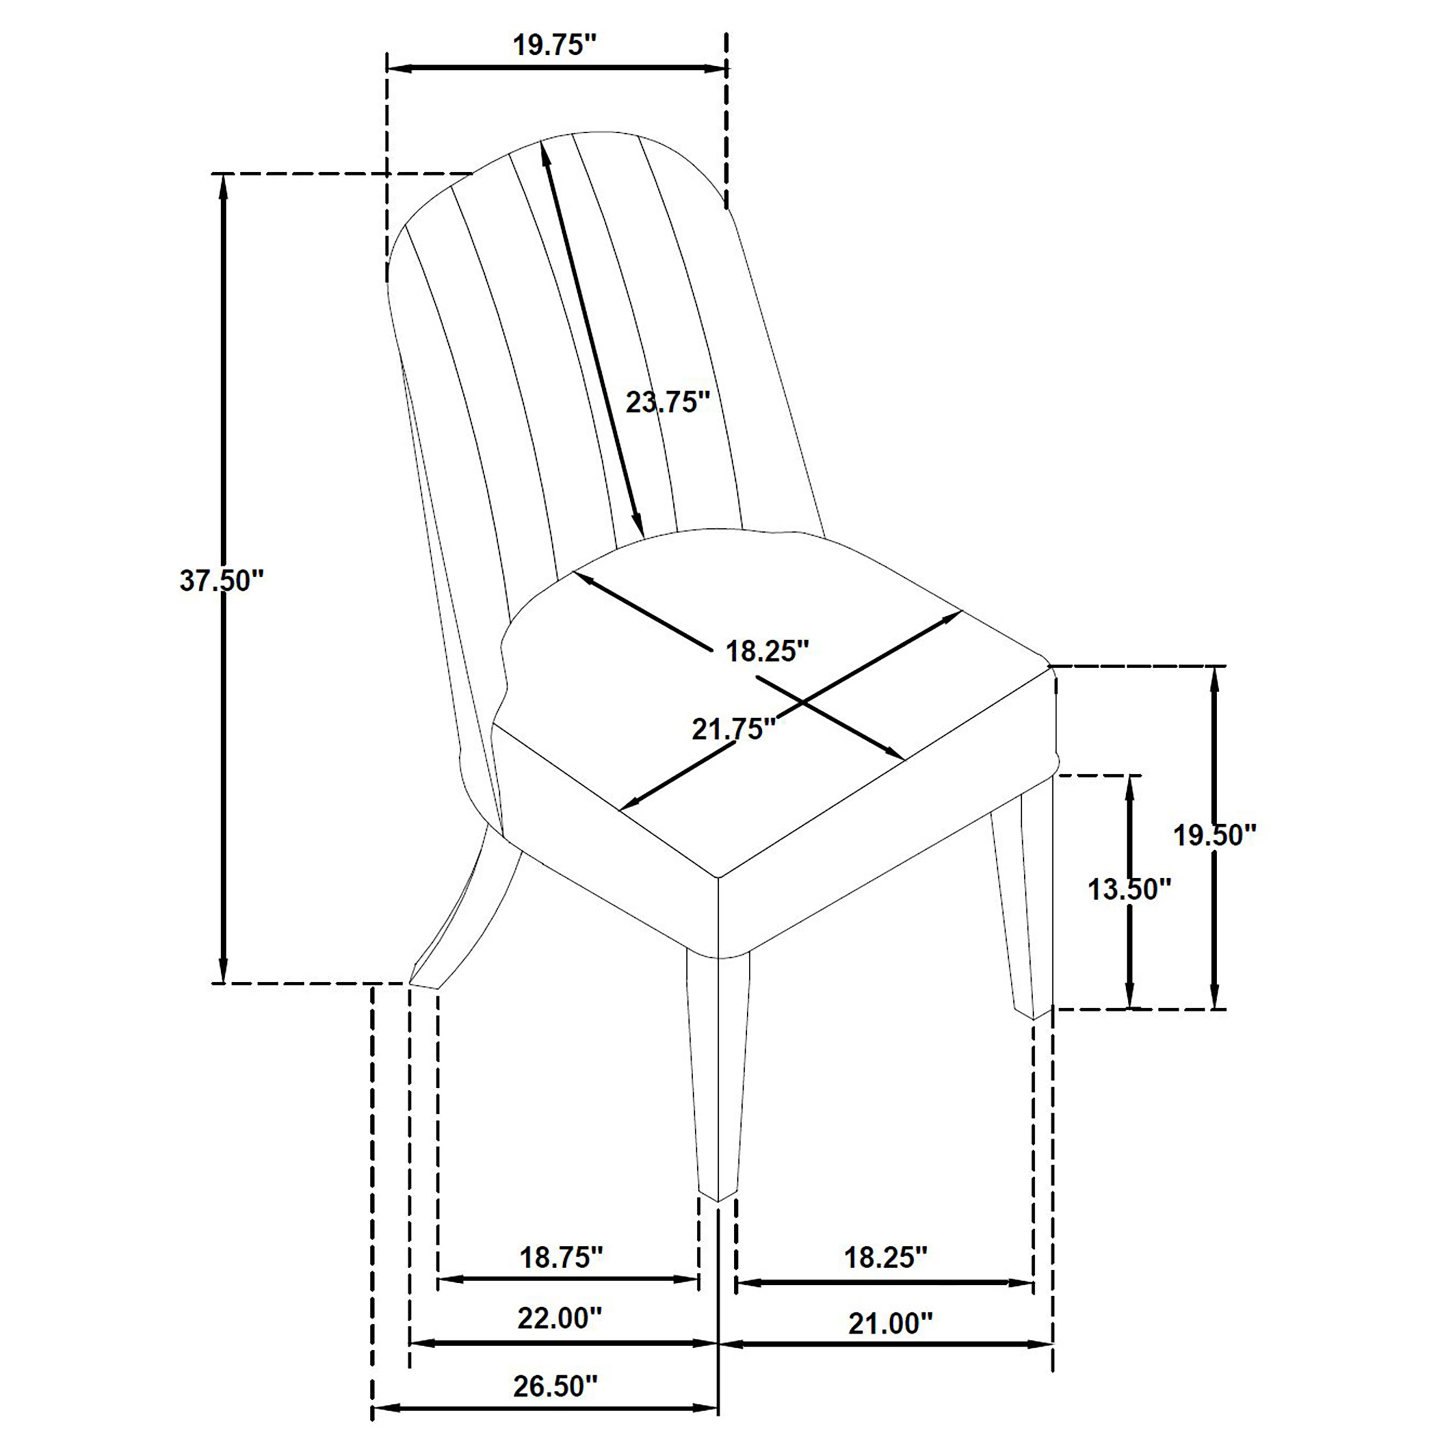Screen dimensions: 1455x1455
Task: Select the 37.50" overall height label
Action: click(222, 581)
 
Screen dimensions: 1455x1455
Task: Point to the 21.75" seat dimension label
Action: click(733, 729)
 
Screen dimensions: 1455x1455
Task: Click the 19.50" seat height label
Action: click(1216, 835)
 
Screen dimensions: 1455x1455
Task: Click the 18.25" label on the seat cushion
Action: click(766, 651)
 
